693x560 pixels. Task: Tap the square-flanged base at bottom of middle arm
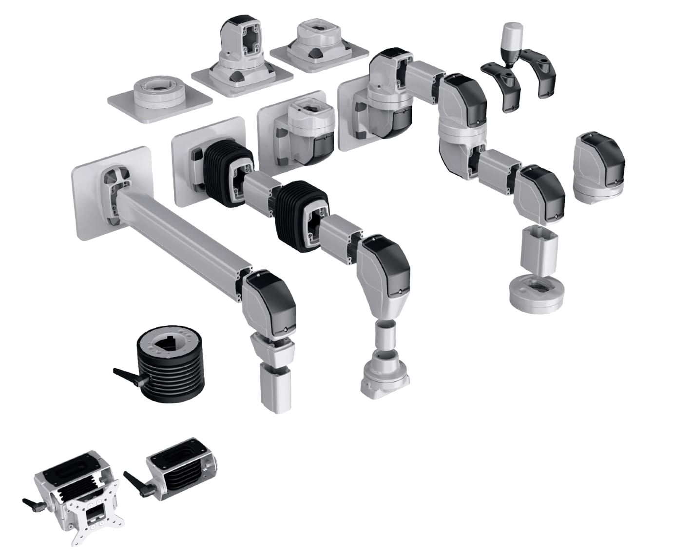(386, 373)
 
